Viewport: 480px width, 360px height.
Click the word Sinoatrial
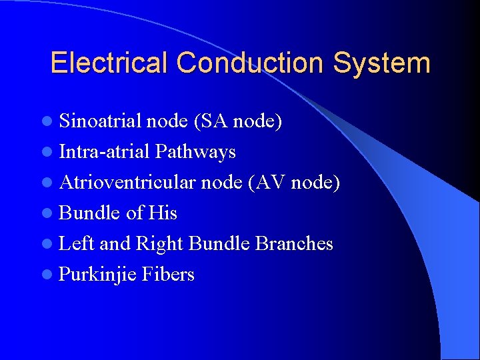pyautogui.click(x=100, y=121)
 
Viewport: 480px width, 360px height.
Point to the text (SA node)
pyautogui.click(x=237, y=121)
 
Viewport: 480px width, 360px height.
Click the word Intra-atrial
pyautogui.click(x=105, y=151)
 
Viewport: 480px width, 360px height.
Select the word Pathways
pyautogui.click(x=195, y=152)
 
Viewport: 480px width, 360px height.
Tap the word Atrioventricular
pyautogui.click(x=137, y=182)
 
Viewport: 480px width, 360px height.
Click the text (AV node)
pyautogui.click(x=293, y=183)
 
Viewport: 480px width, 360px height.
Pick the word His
pyautogui.click(x=163, y=213)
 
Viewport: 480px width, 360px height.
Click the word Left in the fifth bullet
pyautogui.click(x=76, y=243)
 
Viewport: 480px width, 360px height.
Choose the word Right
pyautogui.click(x=159, y=244)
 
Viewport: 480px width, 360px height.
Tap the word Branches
pyautogui.click(x=294, y=243)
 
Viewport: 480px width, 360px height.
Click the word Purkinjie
pyautogui.click(x=98, y=275)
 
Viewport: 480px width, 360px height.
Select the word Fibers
pyautogui.click(x=168, y=274)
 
